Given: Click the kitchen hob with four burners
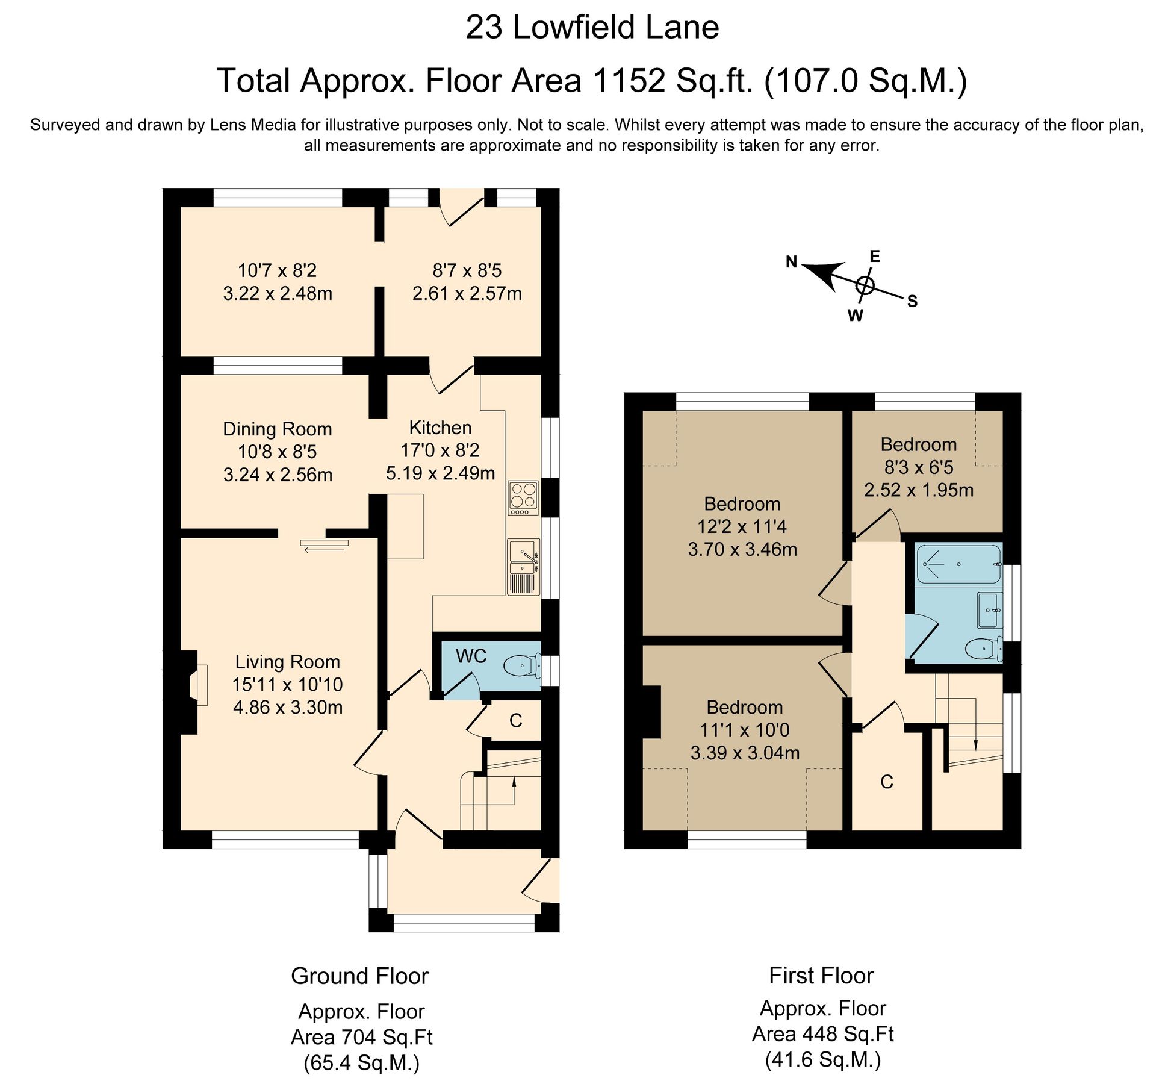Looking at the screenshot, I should coord(523,497).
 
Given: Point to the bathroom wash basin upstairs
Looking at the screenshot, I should coord(990,611).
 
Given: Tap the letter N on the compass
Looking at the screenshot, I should coord(791,261).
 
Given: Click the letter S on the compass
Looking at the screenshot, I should coord(912,301).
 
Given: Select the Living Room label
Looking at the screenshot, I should coord(287,662).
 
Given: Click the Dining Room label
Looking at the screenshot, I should coord(277,429).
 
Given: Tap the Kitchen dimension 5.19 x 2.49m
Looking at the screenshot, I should coord(440,473).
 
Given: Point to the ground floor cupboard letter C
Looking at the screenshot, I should coord(515,720).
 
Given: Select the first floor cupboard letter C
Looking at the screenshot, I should coord(886,782).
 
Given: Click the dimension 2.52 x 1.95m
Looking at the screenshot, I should coord(918,490).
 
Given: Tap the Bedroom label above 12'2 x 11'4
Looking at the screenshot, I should coord(742,503).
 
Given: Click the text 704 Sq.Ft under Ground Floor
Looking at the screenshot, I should coord(387,1037).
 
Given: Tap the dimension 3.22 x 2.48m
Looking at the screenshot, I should coord(277,293).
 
